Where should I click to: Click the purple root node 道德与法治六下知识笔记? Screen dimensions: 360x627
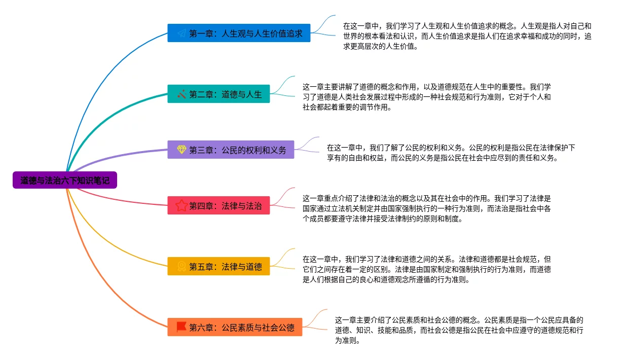tap(65, 180)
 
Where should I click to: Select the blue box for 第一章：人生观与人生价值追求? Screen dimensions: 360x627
tap(239, 33)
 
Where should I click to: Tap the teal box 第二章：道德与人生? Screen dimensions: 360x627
tap(218, 94)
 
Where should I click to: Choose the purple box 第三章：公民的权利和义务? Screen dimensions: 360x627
tap(231, 150)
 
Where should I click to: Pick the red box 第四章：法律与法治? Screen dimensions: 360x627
tap(218, 205)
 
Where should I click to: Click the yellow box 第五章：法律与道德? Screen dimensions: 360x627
tap(218, 266)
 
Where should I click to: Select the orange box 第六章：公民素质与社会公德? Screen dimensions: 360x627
tap(235, 327)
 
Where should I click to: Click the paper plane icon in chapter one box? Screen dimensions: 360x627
tap(181, 33)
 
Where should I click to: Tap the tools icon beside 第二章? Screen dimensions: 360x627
tap(181, 94)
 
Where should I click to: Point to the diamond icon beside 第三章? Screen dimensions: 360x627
tap(181, 150)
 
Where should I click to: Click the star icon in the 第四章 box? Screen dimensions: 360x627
tap(181, 205)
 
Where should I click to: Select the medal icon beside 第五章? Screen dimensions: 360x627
tap(181, 266)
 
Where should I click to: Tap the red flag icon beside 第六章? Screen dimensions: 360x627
tap(181, 327)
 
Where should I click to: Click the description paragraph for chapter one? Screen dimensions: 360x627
tap(466, 36)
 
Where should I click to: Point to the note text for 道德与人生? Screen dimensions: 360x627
tap(426, 97)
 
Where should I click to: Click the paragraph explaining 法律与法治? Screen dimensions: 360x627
tap(426, 208)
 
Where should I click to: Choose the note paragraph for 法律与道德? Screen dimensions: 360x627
tap(426, 269)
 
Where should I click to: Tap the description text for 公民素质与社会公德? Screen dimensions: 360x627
tap(459, 330)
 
